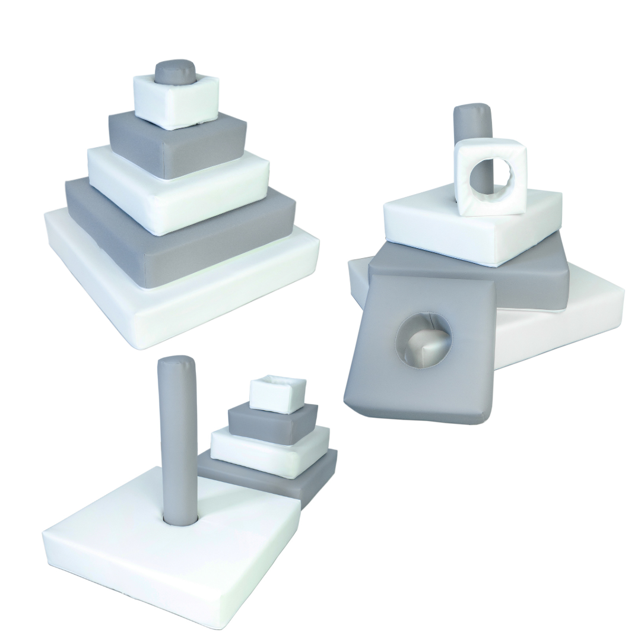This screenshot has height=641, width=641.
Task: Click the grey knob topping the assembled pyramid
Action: (172, 72)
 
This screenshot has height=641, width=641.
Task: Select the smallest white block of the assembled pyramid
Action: (176, 104)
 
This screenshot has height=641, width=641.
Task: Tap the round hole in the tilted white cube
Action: (489, 176)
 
